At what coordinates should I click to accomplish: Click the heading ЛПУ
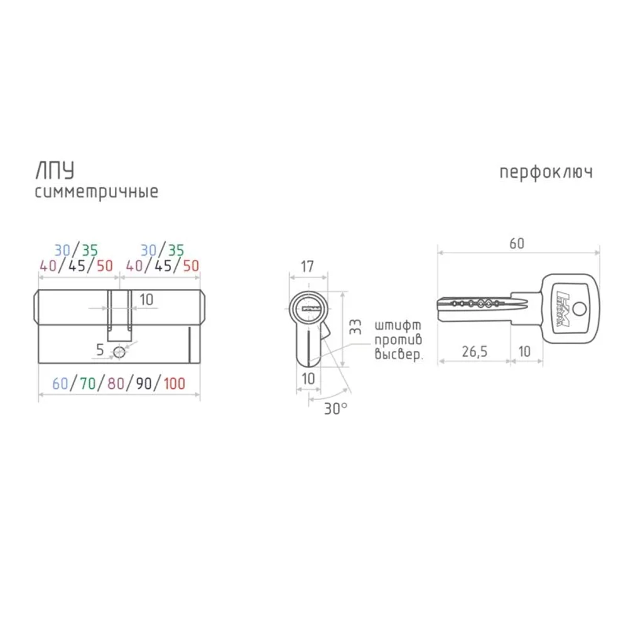point(55,171)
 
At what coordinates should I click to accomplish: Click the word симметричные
point(97,192)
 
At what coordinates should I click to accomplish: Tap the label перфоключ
point(546,173)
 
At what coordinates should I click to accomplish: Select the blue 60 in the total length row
point(60,384)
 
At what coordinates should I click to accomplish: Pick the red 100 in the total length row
point(175,384)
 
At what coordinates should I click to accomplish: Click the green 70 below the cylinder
point(88,384)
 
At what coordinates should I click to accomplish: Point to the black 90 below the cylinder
point(144,384)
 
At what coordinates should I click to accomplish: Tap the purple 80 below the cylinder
point(116,384)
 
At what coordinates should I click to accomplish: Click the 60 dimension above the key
point(517,244)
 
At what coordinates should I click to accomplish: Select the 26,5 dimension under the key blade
point(475,352)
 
